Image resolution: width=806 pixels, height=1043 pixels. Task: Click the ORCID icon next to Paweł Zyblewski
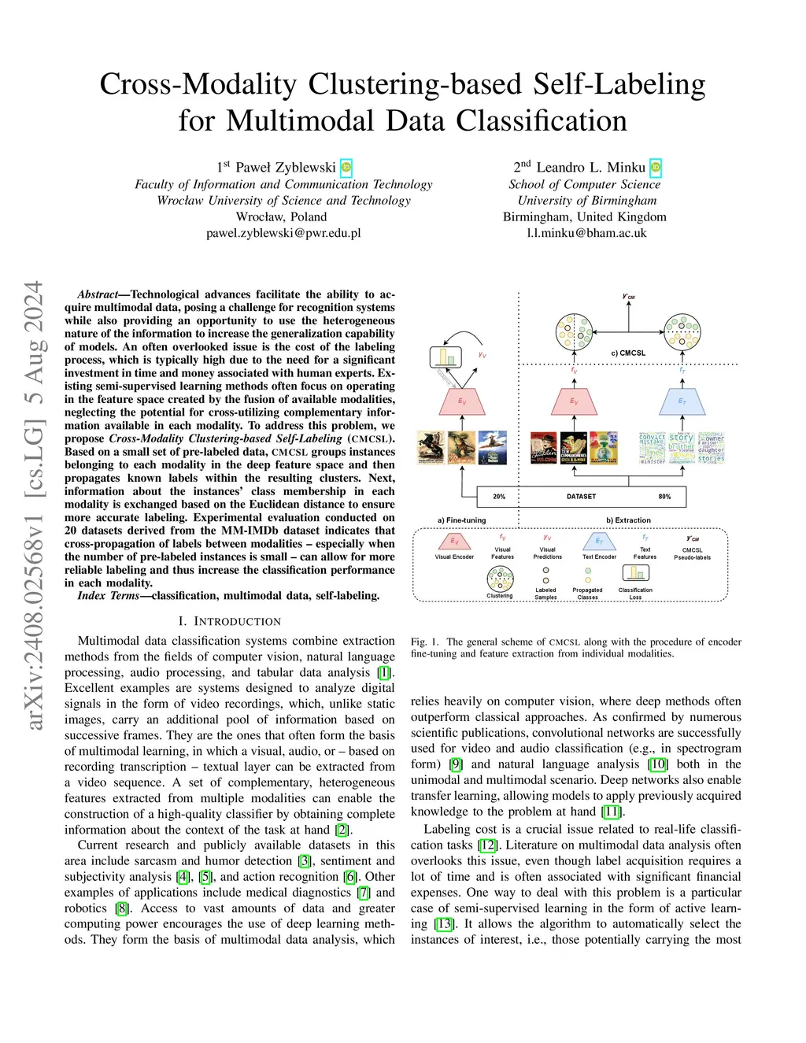(x=346, y=168)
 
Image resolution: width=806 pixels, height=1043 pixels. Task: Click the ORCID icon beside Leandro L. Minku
(x=655, y=168)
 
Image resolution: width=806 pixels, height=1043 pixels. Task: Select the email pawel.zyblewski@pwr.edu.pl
(x=283, y=233)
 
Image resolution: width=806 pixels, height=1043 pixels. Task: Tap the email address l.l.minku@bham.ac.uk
(x=586, y=233)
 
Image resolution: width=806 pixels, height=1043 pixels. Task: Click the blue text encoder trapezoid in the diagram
(x=682, y=401)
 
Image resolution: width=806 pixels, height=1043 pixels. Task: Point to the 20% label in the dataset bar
(x=499, y=497)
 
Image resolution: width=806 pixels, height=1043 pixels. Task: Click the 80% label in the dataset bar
(x=664, y=497)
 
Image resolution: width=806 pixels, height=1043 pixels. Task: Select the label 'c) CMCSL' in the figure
(x=628, y=353)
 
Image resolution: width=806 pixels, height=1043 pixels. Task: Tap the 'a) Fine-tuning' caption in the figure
(x=461, y=520)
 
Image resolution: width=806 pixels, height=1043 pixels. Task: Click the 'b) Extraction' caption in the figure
(x=628, y=520)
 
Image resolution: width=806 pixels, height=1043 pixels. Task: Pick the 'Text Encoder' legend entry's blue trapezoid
(x=599, y=542)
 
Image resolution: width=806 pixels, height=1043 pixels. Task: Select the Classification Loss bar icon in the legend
(x=634, y=573)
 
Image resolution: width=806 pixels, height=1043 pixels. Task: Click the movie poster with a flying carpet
(x=493, y=447)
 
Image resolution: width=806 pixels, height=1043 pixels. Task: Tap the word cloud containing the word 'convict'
(x=652, y=447)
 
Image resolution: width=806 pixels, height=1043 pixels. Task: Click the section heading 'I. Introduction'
(x=229, y=622)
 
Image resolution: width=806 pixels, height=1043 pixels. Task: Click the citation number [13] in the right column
(x=445, y=924)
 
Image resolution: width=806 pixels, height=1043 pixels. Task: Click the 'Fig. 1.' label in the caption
(x=425, y=642)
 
